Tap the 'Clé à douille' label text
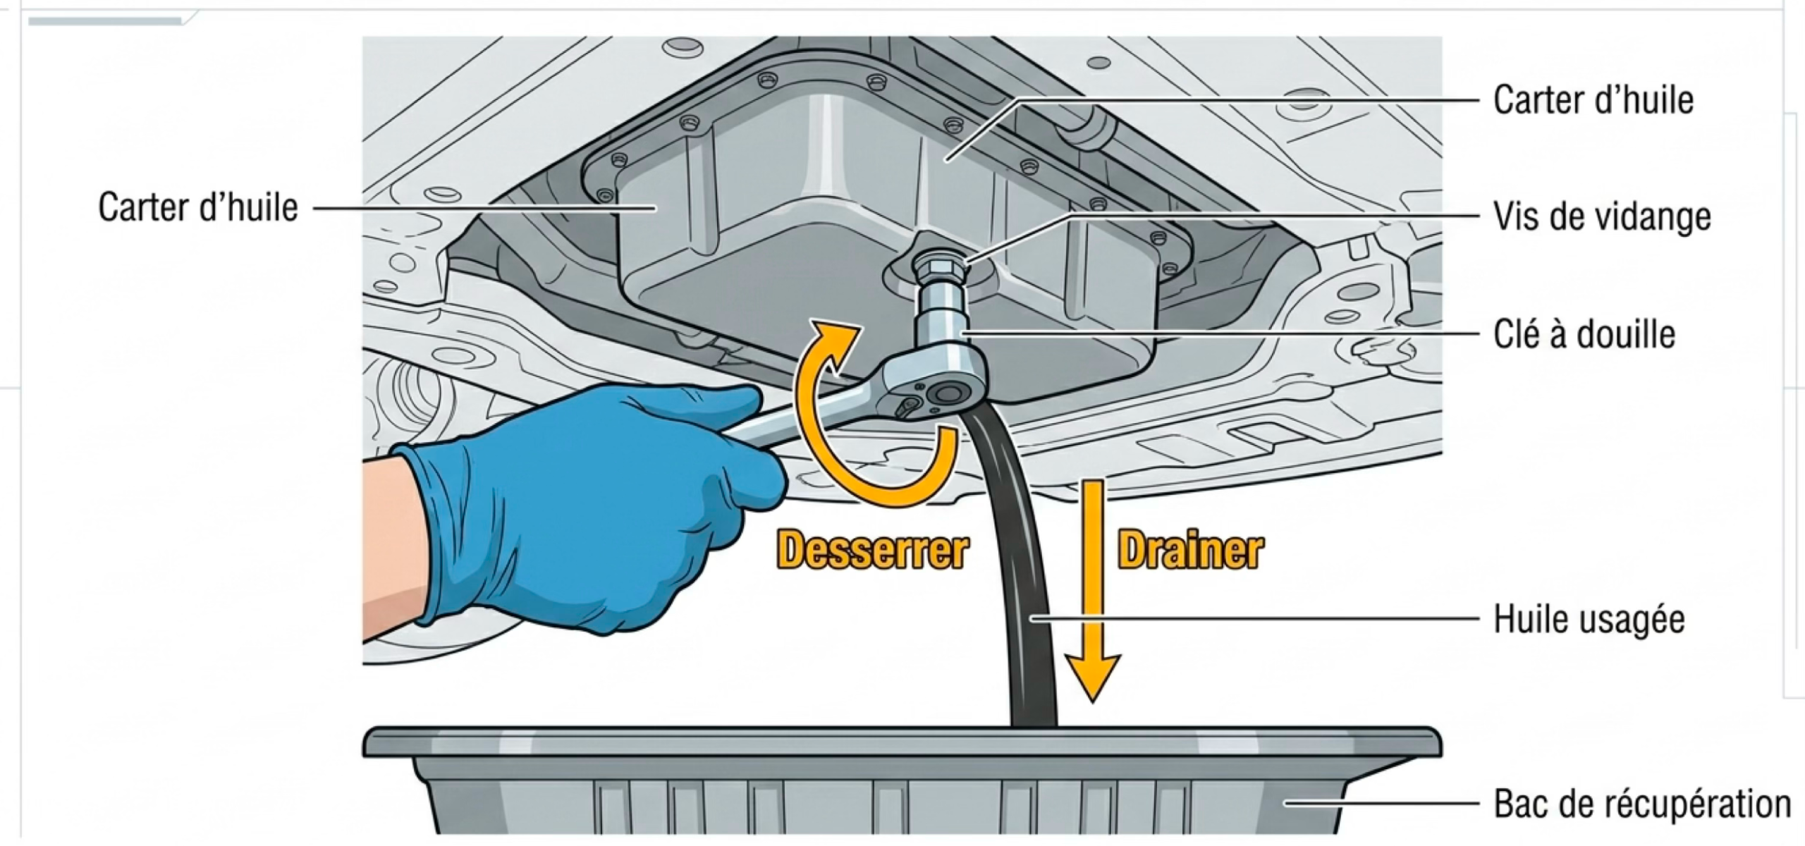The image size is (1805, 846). [1584, 333]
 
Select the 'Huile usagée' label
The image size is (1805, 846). [1589, 619]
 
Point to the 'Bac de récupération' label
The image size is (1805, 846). [1642, 803]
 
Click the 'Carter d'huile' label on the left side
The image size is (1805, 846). [198, 207]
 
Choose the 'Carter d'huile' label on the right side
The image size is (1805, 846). [1593, 99]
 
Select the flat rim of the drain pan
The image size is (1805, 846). [902, 742]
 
